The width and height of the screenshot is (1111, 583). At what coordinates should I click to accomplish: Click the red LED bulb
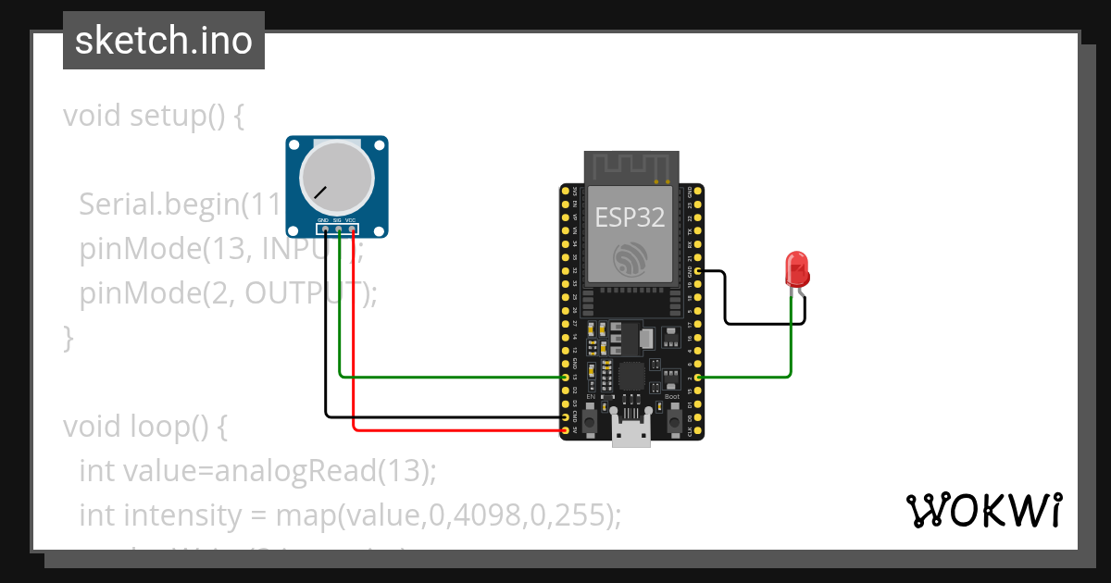pos(796,269)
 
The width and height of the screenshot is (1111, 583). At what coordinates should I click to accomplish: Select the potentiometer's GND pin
pos(324,228)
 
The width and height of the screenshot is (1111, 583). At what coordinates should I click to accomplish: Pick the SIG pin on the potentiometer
pos(338,228)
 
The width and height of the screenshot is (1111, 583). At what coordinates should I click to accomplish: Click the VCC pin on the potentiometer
pos(352,228)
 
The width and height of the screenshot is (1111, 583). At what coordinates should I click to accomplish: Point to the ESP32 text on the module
pos(630,217)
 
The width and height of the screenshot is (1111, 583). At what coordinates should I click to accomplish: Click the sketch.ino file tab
pos(164,41)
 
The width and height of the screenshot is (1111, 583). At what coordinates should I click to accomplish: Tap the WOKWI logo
pos(983,510)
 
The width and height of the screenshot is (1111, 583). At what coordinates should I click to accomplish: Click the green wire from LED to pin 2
pos(790,352)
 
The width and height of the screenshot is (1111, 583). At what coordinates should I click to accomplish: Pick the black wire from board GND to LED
pos(759,324)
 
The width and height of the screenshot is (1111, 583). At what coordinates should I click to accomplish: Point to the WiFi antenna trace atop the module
pos(630,167)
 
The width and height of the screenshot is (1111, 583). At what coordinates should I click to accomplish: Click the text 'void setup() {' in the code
pos(154,117)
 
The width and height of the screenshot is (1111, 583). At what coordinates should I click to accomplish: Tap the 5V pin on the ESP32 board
pos(566,430)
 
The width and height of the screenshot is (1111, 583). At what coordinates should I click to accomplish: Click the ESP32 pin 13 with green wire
pos(566,378)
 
